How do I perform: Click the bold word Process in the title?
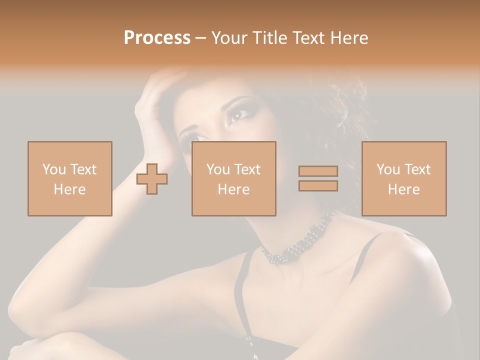157,38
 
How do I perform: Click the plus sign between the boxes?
152,179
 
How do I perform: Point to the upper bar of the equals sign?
318,171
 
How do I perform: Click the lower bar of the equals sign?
318,186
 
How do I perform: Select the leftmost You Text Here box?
69,178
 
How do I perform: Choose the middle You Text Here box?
233,178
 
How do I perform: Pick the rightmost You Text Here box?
403,178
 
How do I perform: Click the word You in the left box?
53,169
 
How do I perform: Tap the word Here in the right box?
403,189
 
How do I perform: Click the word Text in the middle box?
247,169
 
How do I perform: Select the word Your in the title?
229,38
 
